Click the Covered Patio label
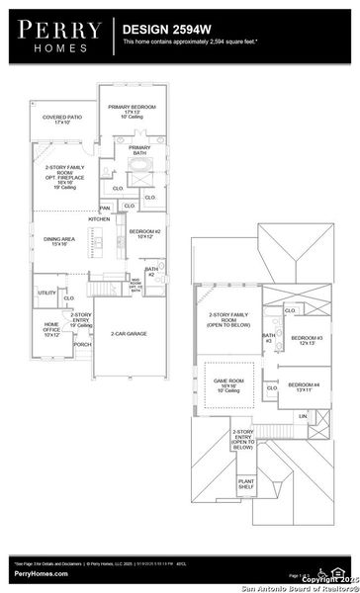[60, 119]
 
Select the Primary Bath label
[138, 149]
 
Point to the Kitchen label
[99, 219]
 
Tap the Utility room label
[46, 293]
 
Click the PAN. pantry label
[104, 209]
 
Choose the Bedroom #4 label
[301, 386]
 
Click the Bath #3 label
[267, 338]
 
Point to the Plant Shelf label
[246, 484]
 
